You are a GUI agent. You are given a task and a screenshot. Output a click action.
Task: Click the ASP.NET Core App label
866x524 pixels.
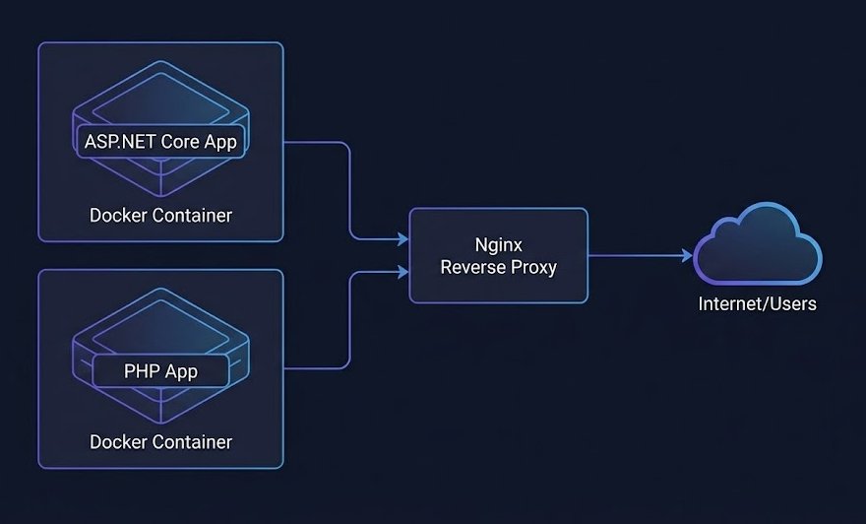tap(160, 141)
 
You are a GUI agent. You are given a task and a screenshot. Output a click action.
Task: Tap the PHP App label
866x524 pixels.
tap(160, 371)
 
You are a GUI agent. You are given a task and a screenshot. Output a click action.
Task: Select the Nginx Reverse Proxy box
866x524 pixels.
tap(498, 255)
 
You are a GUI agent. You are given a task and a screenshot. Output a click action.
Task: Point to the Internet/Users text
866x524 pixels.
tap(757, 303)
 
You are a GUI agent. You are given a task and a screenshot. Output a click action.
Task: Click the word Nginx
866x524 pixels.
tap(498, 244)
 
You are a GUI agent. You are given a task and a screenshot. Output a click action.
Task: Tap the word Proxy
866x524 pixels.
tap(534, 267)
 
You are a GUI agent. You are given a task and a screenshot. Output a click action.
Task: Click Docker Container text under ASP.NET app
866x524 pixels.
tap(160, 215)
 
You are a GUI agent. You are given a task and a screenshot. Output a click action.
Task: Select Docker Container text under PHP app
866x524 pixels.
tap(160, 441)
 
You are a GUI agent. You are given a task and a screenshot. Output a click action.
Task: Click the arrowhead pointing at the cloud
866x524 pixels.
tap(688, 255)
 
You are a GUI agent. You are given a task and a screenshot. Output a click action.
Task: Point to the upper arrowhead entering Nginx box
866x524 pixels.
tap(402, 239)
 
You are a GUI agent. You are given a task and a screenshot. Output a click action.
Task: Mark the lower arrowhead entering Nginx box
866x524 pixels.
tap(402, 271)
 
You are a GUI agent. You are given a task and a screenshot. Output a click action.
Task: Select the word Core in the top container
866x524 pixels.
tap(180, 141)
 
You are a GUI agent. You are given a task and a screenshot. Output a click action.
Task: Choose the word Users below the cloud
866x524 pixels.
tap(792, 303)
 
